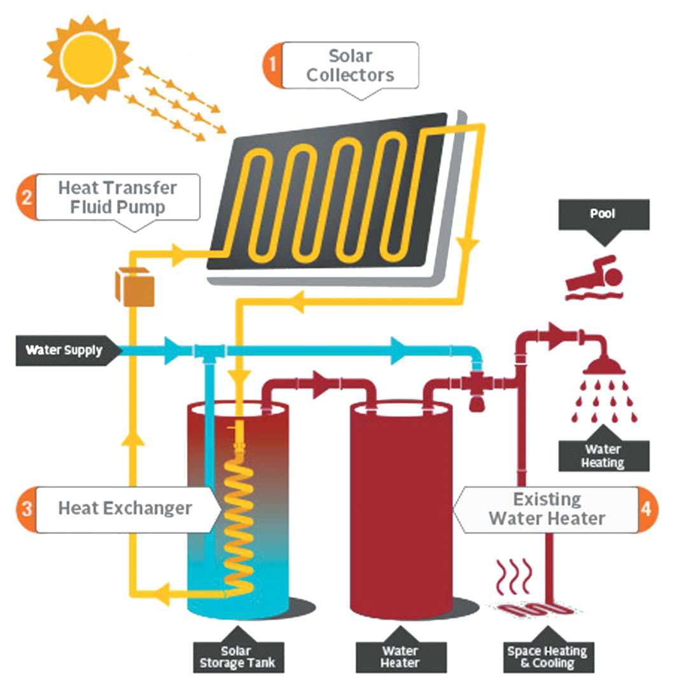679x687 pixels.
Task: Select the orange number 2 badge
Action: click(26, 197)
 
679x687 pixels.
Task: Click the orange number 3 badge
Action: click(26, 509)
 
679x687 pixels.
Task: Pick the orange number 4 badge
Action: click(647, 510)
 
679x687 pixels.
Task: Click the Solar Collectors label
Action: click(350, 66)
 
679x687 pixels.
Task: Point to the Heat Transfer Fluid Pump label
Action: click(118, 197)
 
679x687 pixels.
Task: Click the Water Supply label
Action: click(64, 350)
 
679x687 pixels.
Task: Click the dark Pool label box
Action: click(603, 214)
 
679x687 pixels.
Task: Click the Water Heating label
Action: click(603, 456)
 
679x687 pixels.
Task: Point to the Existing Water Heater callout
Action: click(547, 509)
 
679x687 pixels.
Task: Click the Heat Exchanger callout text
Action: click(125, 509)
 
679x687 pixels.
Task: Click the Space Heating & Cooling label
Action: click(547, 657)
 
